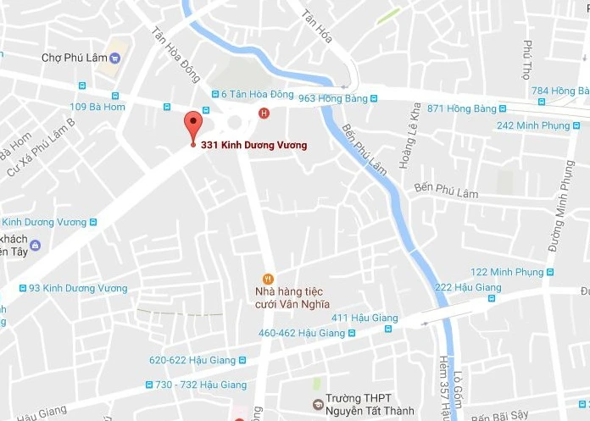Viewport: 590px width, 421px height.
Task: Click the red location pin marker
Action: (193, 125)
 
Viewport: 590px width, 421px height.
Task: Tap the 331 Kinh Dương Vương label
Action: (253, 145)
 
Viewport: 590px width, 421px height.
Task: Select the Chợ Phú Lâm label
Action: (75, 58)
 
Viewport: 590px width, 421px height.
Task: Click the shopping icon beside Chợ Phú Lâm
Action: (115, 58)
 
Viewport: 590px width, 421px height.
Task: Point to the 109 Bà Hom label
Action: (97, 107)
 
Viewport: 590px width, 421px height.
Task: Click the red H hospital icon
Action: (264, 113)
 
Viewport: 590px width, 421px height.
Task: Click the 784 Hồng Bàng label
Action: (560, 91)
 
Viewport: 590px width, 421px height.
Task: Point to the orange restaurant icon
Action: (268, 278)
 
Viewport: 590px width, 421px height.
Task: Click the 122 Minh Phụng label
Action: (506, 272)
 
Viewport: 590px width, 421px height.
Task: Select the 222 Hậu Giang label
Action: (468, 287)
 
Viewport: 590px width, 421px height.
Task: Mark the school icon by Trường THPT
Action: (318, 404)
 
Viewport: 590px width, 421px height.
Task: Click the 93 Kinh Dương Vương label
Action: (78, 288)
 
